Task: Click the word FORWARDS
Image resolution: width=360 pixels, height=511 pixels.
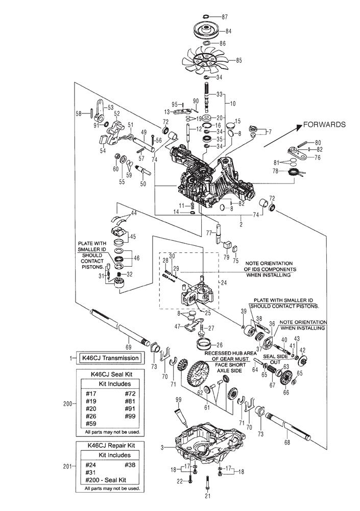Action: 324,124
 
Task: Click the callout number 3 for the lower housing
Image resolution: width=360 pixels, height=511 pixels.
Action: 162,448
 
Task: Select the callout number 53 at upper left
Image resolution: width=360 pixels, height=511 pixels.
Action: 110,107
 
